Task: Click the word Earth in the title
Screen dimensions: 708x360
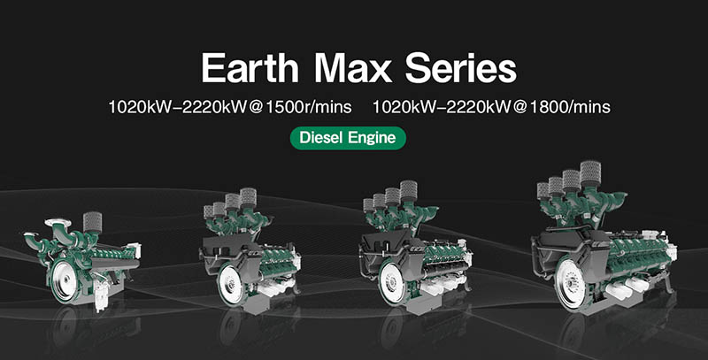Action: [250, 69]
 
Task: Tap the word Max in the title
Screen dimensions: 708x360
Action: [353, 69]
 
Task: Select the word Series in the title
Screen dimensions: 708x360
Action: [460, 69]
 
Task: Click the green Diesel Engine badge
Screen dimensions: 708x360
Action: [348, 138]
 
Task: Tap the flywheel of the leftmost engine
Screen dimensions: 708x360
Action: [63, 281]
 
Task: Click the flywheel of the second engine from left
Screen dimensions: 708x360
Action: [230, 284]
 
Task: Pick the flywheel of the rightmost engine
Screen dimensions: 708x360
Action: [570, 283]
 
